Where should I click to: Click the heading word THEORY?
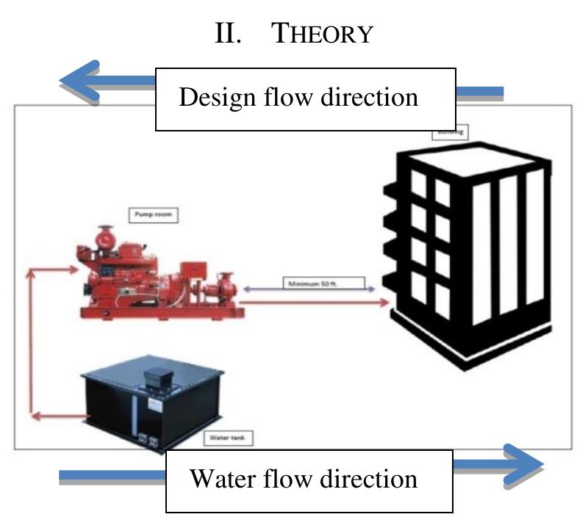323,35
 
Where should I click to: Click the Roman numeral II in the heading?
229,35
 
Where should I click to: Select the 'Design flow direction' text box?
305,99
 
